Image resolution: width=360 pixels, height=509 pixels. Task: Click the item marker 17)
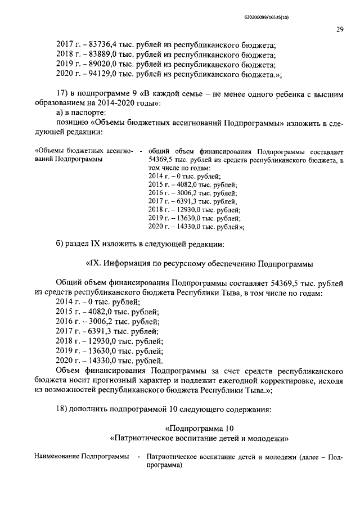click(x=62, y=93)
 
